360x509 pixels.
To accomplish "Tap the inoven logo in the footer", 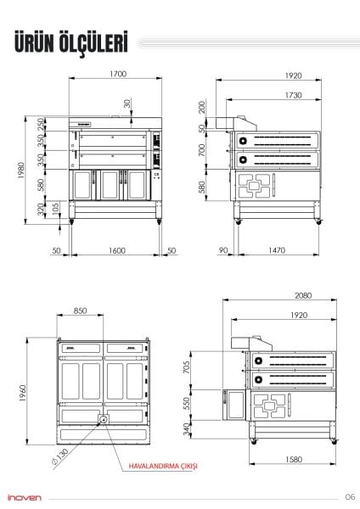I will coord(26,496).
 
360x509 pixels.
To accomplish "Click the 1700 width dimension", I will coord(117,75).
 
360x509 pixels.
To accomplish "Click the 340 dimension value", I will coord(211,430).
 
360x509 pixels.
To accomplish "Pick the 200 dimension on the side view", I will coord(202,109).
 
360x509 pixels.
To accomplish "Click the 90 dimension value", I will coord(222,250).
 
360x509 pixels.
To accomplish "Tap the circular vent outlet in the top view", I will coord(104,419).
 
